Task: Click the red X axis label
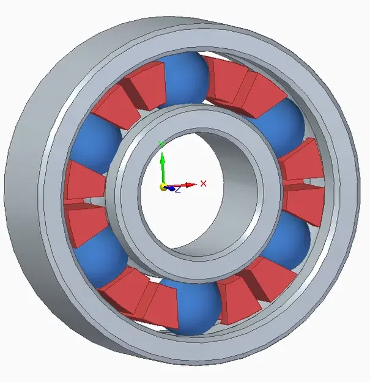pyautogui.click(x=204, y=183)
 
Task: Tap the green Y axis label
pyautogui.click(x=160, y=144)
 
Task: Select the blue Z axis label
pyautogui.click(x=178, y=191)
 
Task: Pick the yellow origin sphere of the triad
pyautogui.click(x=163, y=186)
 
